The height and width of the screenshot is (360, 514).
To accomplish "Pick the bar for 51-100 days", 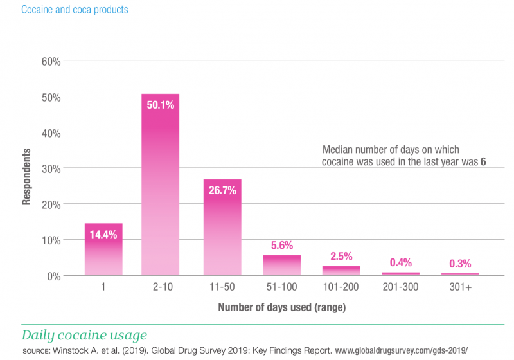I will [x=281, y=265].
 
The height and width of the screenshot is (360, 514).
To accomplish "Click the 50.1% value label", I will [x=160, y=105].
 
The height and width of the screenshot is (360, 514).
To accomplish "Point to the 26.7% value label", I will [x=222, y=190].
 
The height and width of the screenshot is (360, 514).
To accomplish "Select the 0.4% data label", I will [x=400, y=262].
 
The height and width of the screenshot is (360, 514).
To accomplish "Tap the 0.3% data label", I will [x=460, y=263].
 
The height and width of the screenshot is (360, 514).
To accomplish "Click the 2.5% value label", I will [x=341, y=256].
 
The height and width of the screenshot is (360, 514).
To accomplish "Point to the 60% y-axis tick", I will [x=51, y=62].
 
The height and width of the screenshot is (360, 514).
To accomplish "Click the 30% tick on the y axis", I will [x=51, y=168].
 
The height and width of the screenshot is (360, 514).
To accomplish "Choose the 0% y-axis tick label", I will [x=54, y=276].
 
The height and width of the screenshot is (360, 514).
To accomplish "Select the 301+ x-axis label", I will [x=460, y=287].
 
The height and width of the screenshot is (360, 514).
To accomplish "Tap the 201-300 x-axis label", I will [x=400, y=287].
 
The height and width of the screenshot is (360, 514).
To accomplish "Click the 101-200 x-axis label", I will [x=341, y=287].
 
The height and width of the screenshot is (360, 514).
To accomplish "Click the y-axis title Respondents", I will [x=27, y=177].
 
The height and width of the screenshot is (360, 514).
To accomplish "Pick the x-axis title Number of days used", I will [x=281, y=307].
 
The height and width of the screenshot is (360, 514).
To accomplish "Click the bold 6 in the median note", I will [x=483, y=162].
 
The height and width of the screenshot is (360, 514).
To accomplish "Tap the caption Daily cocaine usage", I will [x=84, y=335].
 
